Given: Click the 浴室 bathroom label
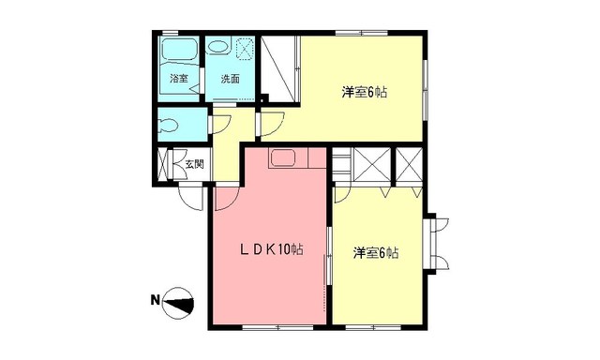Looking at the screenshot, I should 178,80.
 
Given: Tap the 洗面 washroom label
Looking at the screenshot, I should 230,80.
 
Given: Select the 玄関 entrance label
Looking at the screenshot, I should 194,165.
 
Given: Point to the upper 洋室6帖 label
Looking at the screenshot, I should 364,92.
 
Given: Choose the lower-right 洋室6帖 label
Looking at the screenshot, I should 376,253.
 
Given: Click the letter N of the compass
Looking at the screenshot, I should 156,301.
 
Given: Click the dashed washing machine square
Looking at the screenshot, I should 246,48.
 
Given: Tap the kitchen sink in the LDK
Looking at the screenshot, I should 284,158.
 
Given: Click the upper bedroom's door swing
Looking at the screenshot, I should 273,123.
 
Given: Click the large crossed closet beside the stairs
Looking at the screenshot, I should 368,167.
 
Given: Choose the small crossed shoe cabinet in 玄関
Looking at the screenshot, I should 166,166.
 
